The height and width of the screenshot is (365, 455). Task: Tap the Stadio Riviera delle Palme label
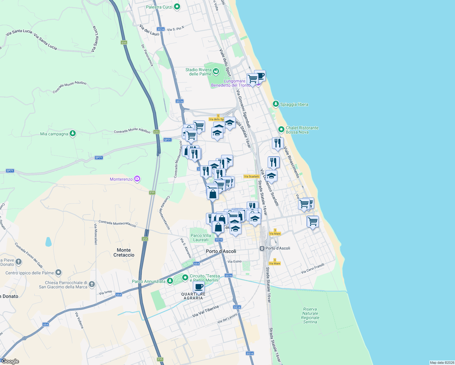click(198, 72)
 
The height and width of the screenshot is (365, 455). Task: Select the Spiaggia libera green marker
click(276, 104)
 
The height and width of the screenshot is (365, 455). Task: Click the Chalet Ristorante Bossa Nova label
click(302, 130)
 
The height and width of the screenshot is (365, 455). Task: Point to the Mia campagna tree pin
click(72, 134)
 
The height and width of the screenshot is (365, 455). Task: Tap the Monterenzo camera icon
click(137, 179)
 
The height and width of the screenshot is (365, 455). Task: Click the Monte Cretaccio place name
click(124, 252)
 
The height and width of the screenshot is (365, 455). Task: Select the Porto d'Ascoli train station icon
click(262, 248)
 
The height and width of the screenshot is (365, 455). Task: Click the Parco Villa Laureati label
click(201, 238)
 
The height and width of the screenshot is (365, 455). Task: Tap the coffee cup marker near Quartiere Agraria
click(199, 287)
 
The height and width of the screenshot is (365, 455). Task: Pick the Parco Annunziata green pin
click(170, 281)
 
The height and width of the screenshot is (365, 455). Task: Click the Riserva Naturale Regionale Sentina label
click(310, 315)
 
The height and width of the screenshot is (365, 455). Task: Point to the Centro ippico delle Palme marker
click(58, 273)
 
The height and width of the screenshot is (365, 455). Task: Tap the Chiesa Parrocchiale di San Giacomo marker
click(92, 284)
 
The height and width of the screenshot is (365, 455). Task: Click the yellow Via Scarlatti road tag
click(252, 176)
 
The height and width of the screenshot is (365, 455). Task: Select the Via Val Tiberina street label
click(205, 311)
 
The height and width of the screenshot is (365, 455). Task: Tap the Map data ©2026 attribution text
click(442, 363)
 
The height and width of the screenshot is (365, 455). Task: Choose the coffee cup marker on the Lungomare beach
click(260, 76)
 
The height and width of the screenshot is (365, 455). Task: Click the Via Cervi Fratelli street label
click(312, 268)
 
